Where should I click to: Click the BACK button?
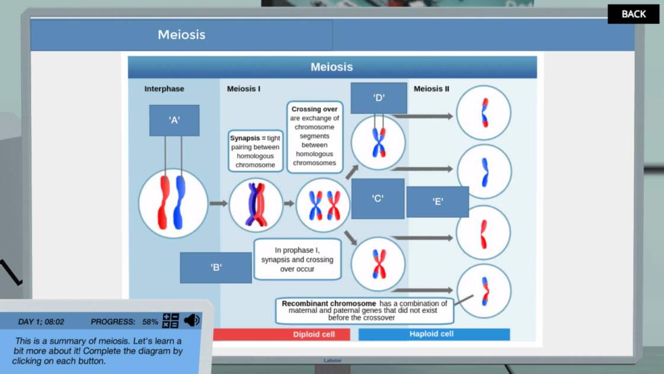point(633,14)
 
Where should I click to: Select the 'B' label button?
point(216,268)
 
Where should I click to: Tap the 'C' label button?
point(378,198)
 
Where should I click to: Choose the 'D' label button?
point(379,98)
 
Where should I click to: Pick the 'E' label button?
point(438,202)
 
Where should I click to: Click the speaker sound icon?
point(192,321)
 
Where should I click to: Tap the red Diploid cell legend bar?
point(282,334)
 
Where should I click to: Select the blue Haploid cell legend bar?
point(434,334)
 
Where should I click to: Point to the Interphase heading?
point(164,88)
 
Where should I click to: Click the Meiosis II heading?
point(431,88)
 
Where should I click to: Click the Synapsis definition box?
point(256,151)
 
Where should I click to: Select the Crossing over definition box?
point(314,137)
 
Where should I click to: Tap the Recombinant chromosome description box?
point(364,310)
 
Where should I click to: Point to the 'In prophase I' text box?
point(297,259)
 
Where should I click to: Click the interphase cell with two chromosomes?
point(173,204)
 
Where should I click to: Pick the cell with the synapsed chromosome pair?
point(256,205)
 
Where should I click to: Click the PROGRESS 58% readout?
point(124,322)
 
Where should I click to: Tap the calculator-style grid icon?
point(171,321)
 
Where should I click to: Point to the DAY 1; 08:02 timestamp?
point(41,322)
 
